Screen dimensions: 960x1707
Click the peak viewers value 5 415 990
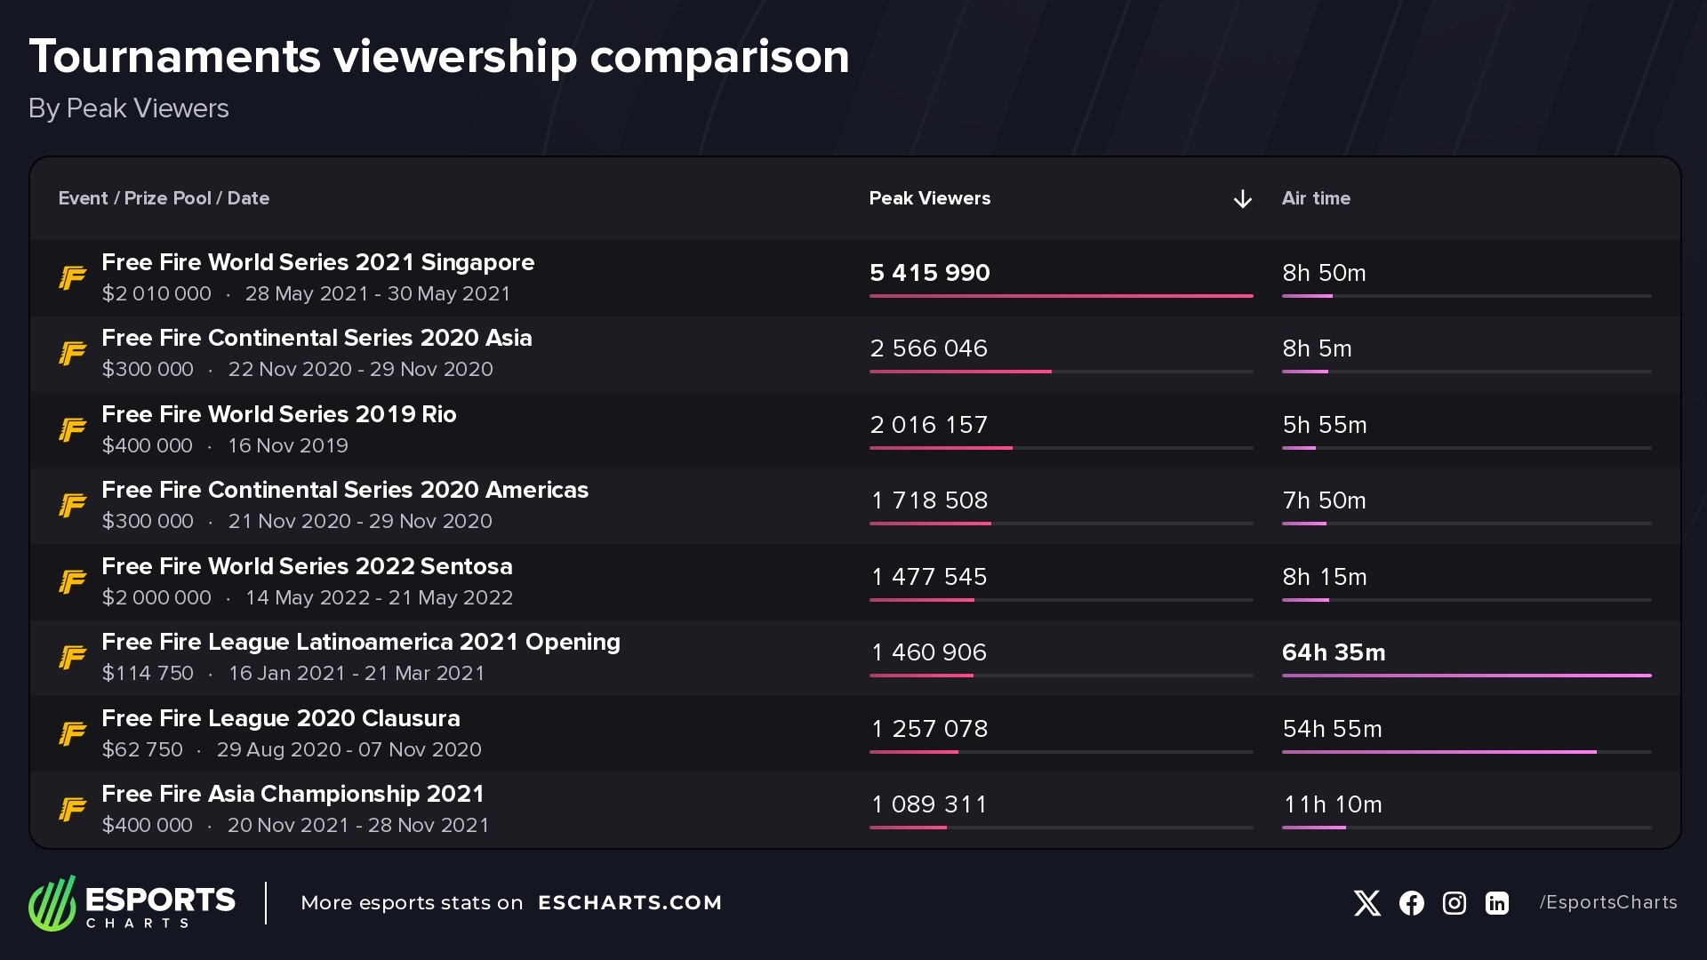click(929, 273)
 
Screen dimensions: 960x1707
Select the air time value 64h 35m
click(1333, 652)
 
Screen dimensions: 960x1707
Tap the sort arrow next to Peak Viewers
click(1242, 199)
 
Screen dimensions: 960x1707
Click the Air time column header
click(1315, 198)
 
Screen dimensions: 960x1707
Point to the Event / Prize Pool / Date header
click(164, 198)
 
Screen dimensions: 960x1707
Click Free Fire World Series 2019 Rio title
click(278, 414)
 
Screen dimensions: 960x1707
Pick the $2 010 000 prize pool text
click(156, 293)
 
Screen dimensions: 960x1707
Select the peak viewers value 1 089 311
click(928, 804)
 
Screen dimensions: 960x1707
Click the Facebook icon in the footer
click(1411, 903)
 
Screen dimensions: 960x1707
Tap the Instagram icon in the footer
click(1454, 903)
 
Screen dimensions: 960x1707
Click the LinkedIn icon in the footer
click(1496, 903)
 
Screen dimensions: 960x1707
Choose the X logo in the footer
click(1366, 903)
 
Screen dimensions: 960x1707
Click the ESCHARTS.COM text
click(629, 903)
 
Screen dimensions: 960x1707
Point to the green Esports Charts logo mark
click(52, 903)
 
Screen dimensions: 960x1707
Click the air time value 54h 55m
click(1331, 729)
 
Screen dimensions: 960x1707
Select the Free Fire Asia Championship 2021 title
click(293, 794)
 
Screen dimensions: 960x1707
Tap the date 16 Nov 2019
click(287, 445)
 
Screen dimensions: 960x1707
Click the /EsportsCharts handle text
click(1607, 902)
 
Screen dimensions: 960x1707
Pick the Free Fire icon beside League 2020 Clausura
click(72, 733)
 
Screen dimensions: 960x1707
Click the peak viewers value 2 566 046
click(928, 348)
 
